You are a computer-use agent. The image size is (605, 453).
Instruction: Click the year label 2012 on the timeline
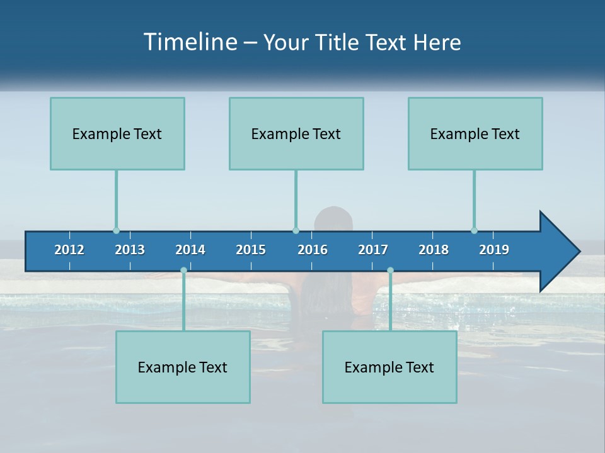(69, 250)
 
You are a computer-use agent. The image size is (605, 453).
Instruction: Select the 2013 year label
(130, 250)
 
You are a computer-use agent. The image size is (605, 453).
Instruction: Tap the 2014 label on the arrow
(190, 250)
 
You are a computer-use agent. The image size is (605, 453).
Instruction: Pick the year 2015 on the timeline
(251, 250)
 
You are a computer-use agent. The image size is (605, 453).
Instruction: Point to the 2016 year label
(313, 250)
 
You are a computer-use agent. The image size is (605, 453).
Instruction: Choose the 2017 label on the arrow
(373, 250)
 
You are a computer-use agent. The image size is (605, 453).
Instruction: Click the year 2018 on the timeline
(434, 250)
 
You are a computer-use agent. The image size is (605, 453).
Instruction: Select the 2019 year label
(494, 250)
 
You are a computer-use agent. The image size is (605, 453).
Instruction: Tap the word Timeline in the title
(190, 42)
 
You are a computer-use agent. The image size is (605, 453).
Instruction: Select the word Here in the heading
(437, 42)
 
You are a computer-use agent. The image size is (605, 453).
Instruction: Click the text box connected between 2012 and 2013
(117, 133)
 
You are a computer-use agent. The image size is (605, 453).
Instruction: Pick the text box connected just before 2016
(296, 133)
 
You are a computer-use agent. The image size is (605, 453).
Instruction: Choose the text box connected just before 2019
(475, 133)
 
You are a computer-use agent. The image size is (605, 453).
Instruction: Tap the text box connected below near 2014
(183, 367)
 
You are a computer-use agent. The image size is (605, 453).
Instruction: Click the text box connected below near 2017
(389, 367)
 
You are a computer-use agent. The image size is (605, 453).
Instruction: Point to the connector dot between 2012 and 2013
(116, 231)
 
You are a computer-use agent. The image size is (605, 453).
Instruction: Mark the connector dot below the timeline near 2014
(183, 271)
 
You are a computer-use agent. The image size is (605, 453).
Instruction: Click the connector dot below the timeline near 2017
(390, 271)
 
